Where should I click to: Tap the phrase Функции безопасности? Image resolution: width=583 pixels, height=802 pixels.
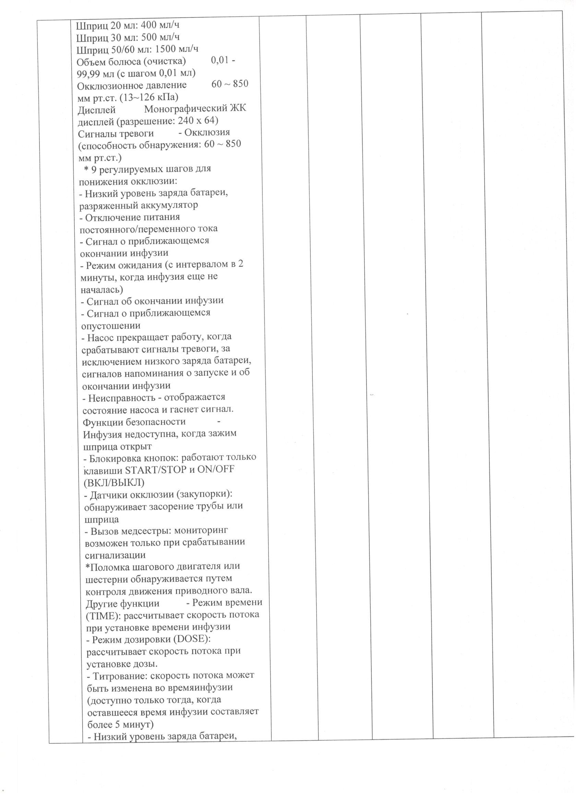pyautogui.click(x=134, y=422)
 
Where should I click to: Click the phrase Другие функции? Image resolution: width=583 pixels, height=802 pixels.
pyautogui.click(x=122, y=603)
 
